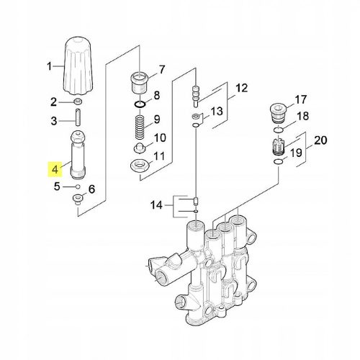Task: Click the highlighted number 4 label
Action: tap(55, 169)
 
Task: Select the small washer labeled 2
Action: tap(78, 102)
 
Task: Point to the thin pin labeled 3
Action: tap(78, 117)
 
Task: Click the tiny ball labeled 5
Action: tap(77, 186)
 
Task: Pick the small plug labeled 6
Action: tap(78, 199)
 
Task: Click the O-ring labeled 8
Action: tap(140, 104)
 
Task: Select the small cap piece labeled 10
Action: tap(139, 148)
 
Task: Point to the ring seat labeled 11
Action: tap(140, 166)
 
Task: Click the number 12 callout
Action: tap(241, 88)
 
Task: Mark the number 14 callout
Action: tap(156, 205)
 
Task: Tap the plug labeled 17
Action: tap(278, 114)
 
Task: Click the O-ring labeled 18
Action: tap(279, 130)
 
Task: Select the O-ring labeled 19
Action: tap(279, 162)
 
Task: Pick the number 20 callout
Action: tap(320, 140)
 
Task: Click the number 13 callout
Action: tap(217, 111)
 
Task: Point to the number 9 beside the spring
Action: tap(157, 120)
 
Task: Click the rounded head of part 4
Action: tap(78, 138)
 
